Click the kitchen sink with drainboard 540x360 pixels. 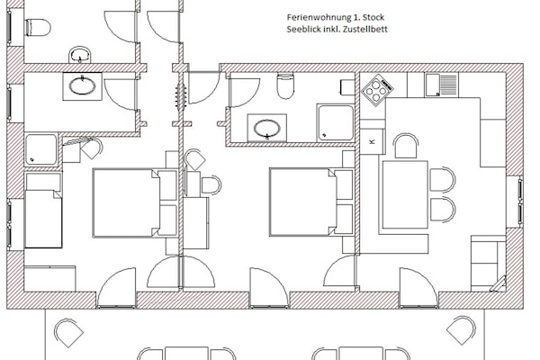[441, 85]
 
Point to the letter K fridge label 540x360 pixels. [373, 141]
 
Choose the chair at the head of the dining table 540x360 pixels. [406, 146]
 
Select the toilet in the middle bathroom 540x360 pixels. [285, 86]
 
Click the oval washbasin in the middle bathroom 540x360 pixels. [267, 128]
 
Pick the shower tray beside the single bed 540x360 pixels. [40, 149]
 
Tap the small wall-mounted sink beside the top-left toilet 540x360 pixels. [79, 55]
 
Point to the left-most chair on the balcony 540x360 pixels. [68, 334]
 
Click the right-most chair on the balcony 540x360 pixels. [461, 334]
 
